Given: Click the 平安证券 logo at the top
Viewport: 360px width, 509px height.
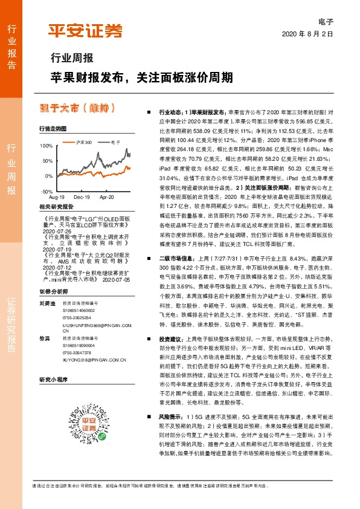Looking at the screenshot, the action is point(85,30).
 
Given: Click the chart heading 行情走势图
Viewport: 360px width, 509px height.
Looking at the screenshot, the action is point(53,129).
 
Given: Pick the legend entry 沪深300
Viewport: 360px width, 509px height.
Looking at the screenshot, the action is point(83,141).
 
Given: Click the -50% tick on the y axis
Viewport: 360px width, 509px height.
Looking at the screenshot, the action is point(47,191).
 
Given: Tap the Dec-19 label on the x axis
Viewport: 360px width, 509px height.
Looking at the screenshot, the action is point(82,198).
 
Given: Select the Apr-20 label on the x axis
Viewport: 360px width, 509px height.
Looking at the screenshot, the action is point(107,198).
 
